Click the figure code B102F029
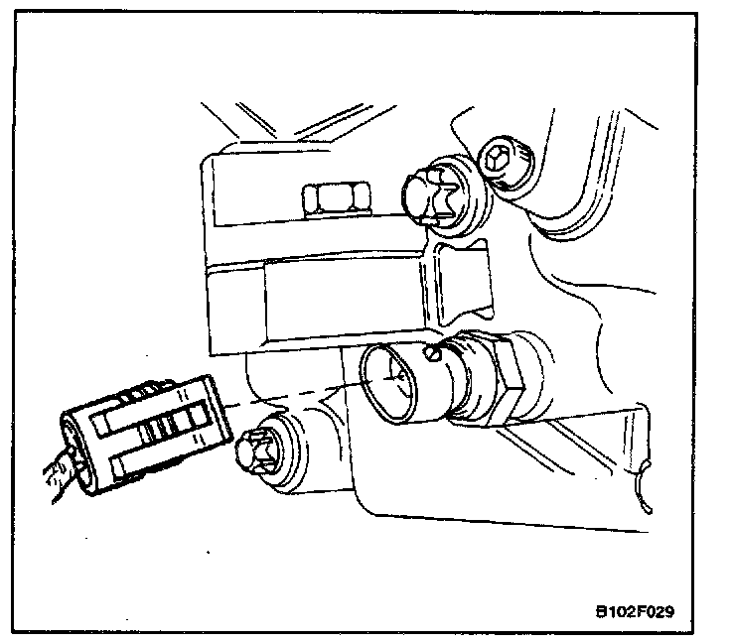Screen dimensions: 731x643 point(635,610)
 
